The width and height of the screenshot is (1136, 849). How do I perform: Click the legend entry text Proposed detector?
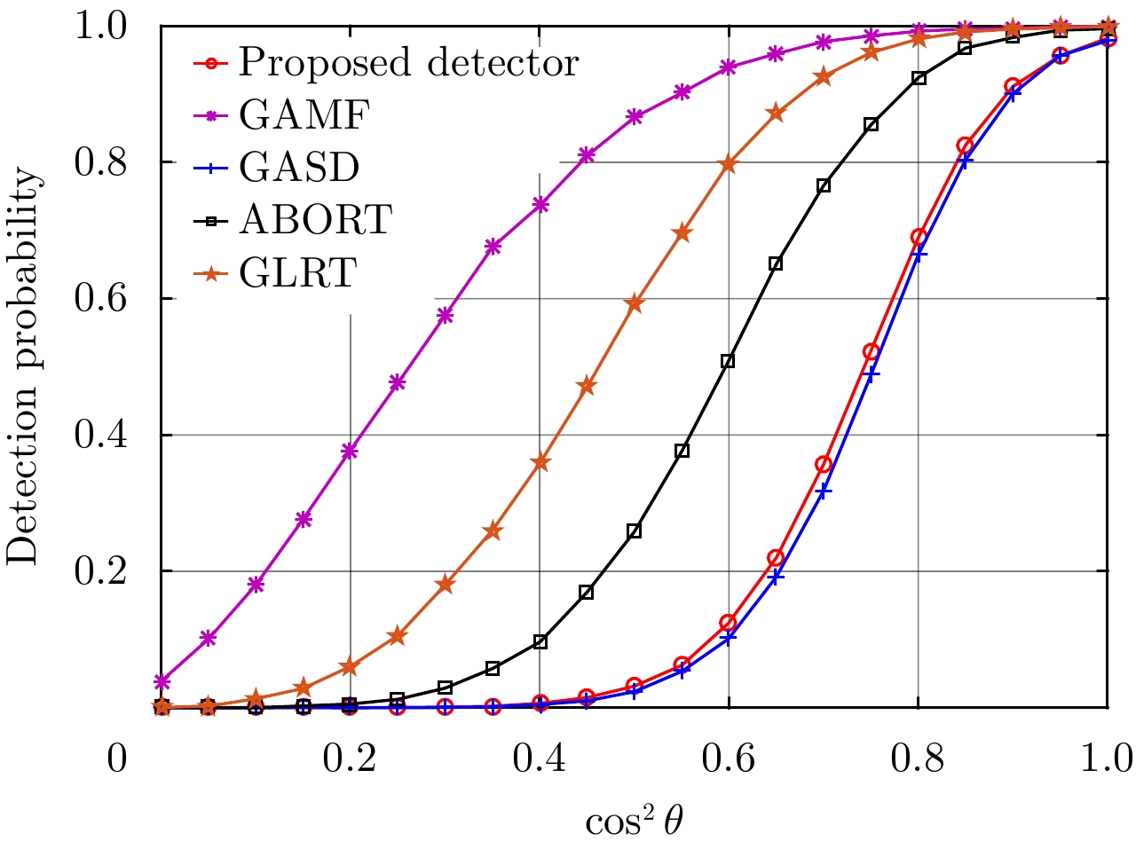pos(408,63)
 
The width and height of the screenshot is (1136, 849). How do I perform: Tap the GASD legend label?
pos(298,167)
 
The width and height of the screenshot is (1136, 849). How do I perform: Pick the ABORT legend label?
pos(315,219)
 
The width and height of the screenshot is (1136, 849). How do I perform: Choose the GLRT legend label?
pos(297,271)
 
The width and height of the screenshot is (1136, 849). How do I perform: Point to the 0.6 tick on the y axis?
pos(100,298)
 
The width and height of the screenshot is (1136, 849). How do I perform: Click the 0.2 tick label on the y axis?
pos(100,571)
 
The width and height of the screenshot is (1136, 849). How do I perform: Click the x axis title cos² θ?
pos(635,821)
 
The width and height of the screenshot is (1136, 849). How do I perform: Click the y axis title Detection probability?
pos(24,366)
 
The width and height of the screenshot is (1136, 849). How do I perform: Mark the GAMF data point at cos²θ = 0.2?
pos(350,451)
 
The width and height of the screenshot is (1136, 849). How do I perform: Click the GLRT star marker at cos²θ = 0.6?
pos(729,164)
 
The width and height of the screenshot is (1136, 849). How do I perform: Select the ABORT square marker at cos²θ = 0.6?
pos(728,361)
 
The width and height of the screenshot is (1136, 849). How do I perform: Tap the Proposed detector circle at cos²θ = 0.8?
pos(919,238)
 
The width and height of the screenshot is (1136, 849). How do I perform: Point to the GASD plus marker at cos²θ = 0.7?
pos(824,491)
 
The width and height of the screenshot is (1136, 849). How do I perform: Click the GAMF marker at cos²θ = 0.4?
pos(540,205)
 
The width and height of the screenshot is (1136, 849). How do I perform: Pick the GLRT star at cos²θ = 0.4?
pos(540,462)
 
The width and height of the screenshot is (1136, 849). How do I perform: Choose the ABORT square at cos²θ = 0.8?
pos(919,78)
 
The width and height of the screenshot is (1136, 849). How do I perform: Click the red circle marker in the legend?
pos(210,63)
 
